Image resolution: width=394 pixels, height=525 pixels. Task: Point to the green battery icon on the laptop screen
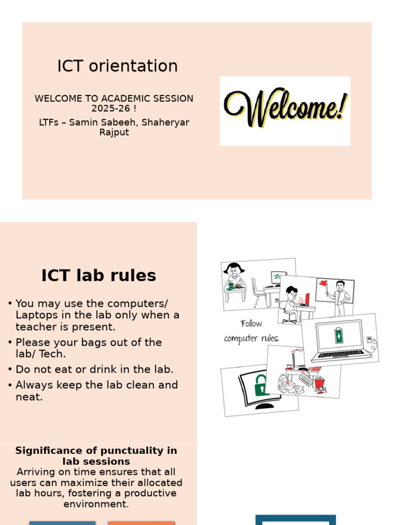(339, 335)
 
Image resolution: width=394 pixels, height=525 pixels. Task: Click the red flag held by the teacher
(323, 283)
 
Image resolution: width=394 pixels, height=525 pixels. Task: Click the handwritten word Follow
(251, 324)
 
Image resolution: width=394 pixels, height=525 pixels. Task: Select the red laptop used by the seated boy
(307, 299)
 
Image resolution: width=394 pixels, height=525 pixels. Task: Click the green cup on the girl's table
(231, 286)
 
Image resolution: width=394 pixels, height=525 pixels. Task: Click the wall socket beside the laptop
(369, 339)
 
